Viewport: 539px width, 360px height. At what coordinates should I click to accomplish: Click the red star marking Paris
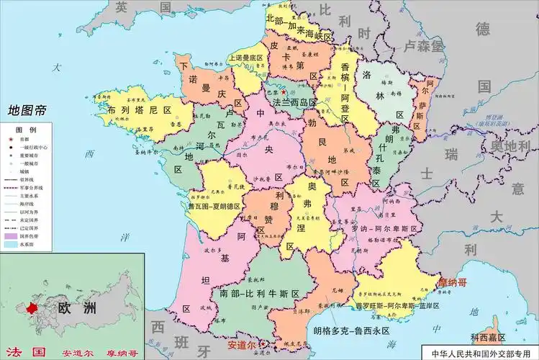point(284,92)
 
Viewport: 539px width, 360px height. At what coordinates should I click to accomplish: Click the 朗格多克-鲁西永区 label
point(351,330)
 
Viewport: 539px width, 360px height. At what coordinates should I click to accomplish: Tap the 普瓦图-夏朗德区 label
point(214,205)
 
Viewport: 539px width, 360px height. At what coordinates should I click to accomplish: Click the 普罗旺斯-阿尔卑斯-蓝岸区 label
point(386,305)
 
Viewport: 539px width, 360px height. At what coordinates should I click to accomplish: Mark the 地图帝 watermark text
point(27,111)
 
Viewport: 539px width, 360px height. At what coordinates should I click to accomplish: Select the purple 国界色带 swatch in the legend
point(11,235)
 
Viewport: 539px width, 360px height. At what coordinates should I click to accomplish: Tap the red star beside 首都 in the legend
point(10,138)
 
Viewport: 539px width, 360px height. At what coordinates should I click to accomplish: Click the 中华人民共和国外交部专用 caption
point(484,353)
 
